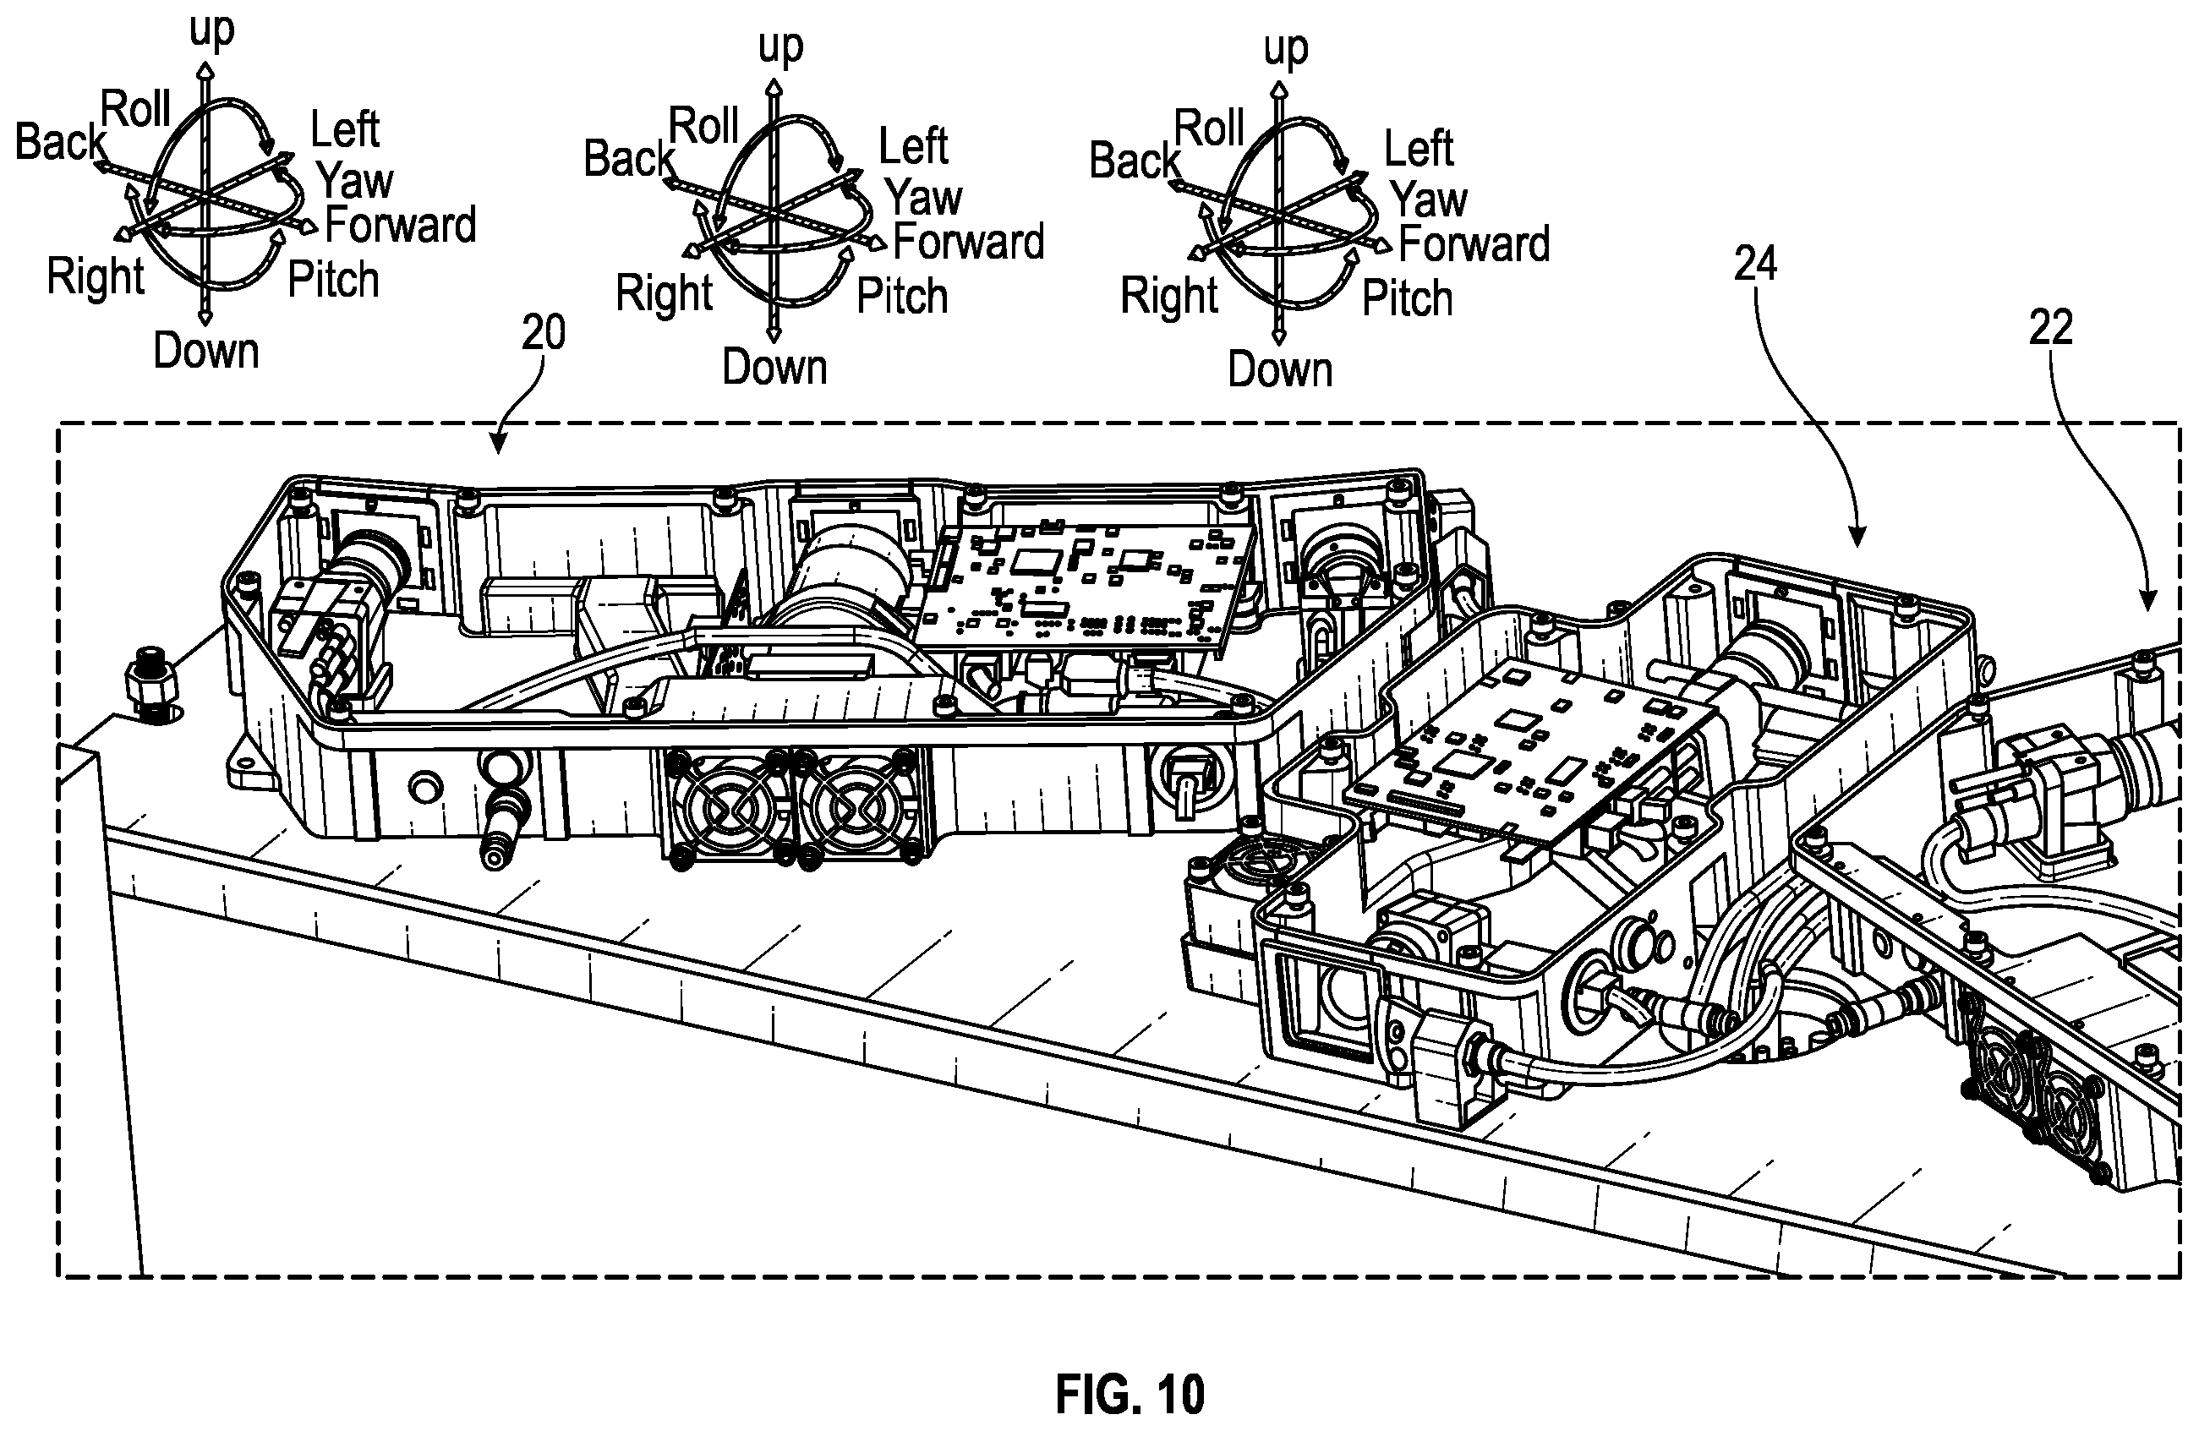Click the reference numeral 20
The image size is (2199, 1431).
[544, 332]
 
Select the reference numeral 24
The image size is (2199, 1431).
[1754, 265]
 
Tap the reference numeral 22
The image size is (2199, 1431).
[2050, 328]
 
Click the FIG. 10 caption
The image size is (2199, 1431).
[1130, 1394]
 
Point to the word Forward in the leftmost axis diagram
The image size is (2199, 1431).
[400, 226]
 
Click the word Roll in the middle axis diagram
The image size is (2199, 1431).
[703, 126]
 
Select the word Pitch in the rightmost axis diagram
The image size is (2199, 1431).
[1407, 298]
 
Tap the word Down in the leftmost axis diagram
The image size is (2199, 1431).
[206, 351]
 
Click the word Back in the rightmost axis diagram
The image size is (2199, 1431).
[1135, 161]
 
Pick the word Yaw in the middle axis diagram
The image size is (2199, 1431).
[923, 198]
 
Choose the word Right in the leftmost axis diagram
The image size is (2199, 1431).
[96, 277]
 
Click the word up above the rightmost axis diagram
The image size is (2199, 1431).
[1285, 48]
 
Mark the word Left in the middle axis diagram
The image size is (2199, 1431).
[913, 146]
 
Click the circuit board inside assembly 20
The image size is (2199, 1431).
[1086, 582]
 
